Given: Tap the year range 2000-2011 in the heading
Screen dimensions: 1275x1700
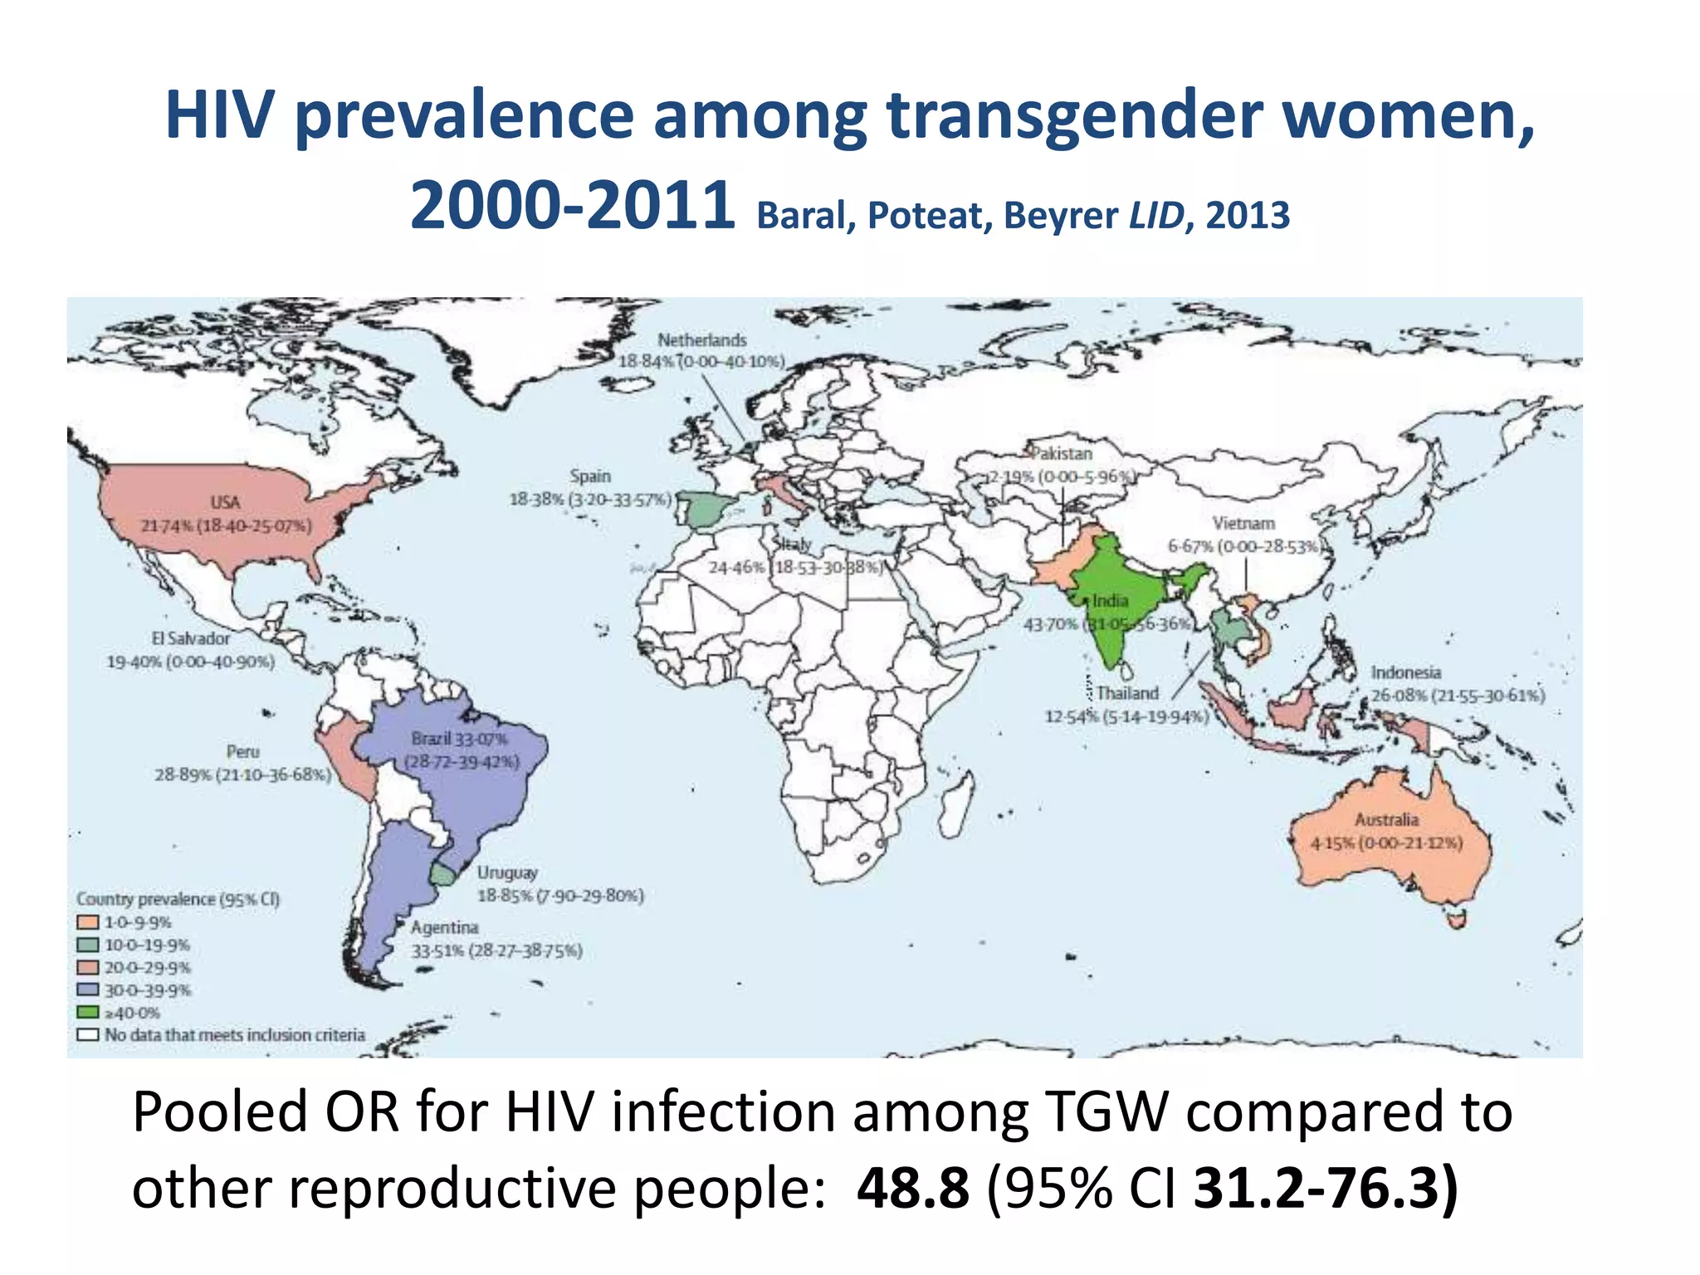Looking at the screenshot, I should [x=572, y=207].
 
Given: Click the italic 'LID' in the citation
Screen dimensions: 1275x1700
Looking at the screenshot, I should [x=1155, y=216].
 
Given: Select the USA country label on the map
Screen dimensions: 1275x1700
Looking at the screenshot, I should [x=225, y=502].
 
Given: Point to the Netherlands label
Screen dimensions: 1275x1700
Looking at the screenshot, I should [x=701, y=340].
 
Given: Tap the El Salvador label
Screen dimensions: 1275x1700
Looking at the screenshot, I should [x=190, y=638].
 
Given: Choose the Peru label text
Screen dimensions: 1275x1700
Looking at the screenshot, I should [x=242, y=751].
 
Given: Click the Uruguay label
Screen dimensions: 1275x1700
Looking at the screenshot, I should [x=507, y=872].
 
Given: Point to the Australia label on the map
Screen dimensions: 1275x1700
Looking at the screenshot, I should [x=1386, y=819].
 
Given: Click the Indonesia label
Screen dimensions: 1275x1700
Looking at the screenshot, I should [x=1405, y=672].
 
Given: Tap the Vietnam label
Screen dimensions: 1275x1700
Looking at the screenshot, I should [x=1243, y=523].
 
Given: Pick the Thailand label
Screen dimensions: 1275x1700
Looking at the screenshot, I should [x=1126, y=693].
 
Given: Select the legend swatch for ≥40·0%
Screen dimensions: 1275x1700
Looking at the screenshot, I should [x=88, y=1013].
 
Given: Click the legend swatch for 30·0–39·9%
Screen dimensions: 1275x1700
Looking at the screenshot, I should [x=88, y=990].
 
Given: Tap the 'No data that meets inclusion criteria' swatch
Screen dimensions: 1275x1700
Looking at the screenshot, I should [x=88, y=1035].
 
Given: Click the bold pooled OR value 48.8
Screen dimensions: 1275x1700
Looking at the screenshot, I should [x=912, y=1188].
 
